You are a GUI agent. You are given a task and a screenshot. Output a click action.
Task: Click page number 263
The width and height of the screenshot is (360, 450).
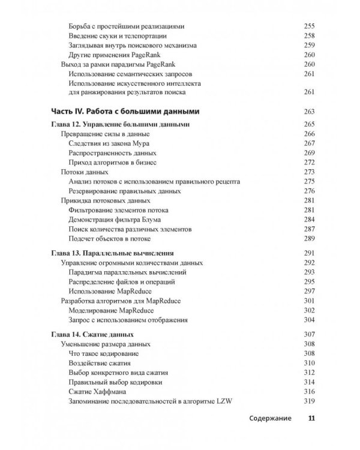309,111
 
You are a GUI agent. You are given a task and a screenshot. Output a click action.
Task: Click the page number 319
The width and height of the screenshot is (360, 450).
309,401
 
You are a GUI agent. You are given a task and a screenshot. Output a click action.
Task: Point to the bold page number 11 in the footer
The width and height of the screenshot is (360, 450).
311,419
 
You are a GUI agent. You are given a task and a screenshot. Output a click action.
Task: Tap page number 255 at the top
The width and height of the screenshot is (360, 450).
309,26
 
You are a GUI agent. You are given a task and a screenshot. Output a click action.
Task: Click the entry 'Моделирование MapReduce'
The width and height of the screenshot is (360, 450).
111,310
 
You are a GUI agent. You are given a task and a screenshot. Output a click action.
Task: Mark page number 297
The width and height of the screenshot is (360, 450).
309,291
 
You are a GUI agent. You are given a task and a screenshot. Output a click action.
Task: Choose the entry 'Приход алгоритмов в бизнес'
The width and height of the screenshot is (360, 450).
113,163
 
